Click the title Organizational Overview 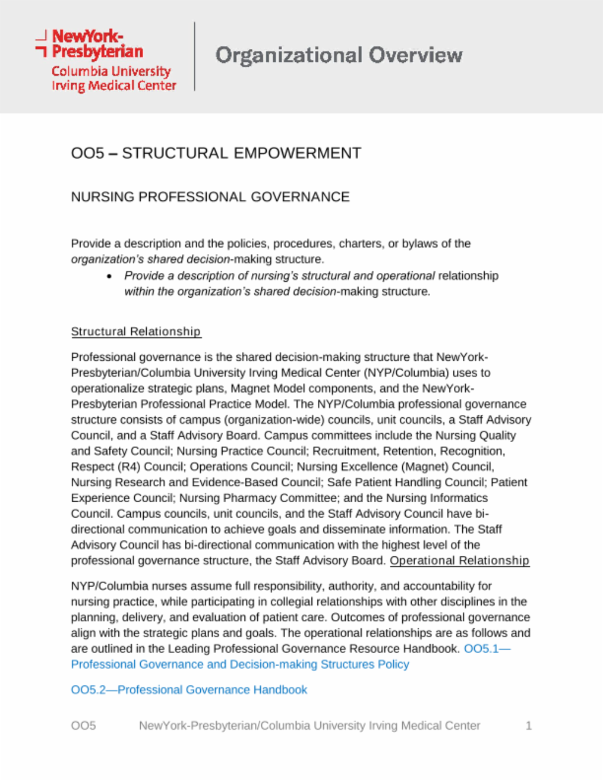pos(339,55)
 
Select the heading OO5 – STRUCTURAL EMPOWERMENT pos(216,153)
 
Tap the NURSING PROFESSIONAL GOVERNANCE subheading pos(210,197)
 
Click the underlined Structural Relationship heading pos(135,331)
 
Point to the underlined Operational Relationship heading pos(459,561)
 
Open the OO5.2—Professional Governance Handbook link pos(189,690)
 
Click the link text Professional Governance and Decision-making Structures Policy pos(240,664)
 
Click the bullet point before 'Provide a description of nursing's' pos(110,276)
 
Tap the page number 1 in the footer pos(528,726)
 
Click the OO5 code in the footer pos(83,726)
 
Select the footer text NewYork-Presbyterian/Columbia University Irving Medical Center pos(309,726)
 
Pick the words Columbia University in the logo pos(111,71)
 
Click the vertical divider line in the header pos(194,56)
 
